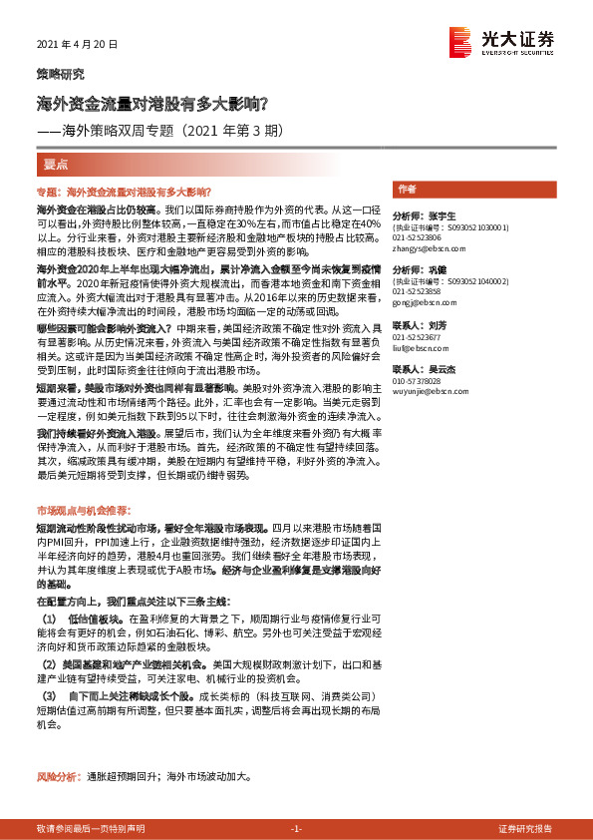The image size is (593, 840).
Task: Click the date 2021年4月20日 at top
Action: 77,45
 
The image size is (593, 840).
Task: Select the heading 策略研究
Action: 60,75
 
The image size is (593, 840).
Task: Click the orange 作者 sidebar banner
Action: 407,188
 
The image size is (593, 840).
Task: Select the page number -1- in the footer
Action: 295,828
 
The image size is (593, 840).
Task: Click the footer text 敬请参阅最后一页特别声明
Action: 90,828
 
